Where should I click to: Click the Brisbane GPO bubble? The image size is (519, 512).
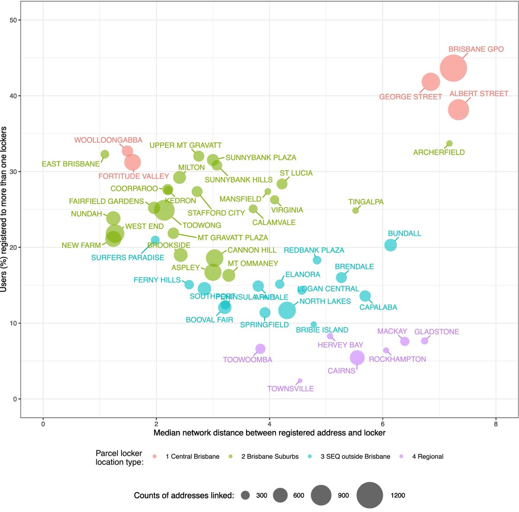pos(453,68)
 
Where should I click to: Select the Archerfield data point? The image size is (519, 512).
pos(449,144)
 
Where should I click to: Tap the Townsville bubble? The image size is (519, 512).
pos(300,381)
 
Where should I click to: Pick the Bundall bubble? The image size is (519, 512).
pos(391,245)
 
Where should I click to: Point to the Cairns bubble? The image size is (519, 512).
pos(357,358)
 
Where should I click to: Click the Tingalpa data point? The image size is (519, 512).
pos(356,211)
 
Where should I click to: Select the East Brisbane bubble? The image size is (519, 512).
pos(105,154)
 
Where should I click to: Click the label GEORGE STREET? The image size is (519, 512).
pos(410,97)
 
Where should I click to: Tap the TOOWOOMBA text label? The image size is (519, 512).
pos(247,360)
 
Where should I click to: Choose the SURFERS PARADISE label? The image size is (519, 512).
pos(128,258)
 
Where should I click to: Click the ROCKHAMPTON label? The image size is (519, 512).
pos(397,359)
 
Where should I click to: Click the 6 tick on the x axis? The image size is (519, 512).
pos(383,424)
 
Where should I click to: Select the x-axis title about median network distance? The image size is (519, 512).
pos(269,433)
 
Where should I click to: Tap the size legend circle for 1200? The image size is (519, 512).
pos(370,496)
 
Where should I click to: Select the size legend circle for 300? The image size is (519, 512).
pos(246,496)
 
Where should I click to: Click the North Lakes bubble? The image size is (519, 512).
pos(287,310)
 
